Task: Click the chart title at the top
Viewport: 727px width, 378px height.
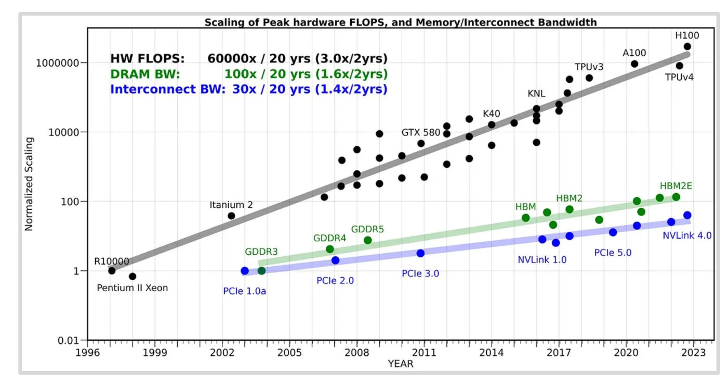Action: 401,22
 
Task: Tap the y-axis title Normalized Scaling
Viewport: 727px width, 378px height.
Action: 29,184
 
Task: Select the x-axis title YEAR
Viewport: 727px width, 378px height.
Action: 401,364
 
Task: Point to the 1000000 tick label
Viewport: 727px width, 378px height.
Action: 57,63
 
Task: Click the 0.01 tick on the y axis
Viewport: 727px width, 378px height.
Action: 68,340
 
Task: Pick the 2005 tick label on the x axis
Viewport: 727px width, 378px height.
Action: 289,353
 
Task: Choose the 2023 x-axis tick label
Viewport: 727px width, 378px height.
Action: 693,353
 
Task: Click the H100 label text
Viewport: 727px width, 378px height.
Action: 687,36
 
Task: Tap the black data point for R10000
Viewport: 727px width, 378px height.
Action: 112,271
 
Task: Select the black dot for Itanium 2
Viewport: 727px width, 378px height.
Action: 231,216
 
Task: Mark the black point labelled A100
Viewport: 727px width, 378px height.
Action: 634,64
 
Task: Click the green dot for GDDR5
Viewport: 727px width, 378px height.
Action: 368,240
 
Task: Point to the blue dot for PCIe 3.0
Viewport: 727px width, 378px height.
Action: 421,253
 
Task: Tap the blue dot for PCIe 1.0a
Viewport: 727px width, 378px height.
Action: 245,271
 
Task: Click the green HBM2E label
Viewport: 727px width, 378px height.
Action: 676,186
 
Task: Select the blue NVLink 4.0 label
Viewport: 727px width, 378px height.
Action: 687,235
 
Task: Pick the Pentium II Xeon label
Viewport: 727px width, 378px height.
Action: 132,288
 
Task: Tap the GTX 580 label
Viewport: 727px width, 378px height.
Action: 421,132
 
